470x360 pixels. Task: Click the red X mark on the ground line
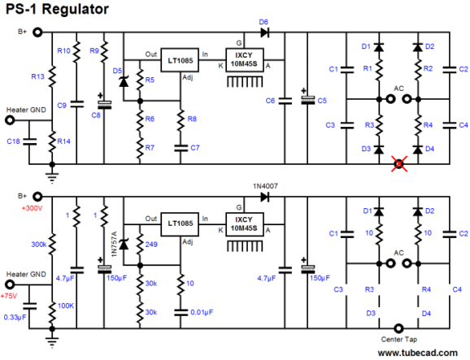(x=399, y=164)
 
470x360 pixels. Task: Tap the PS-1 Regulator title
(x=57, y=9)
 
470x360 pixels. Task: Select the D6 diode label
(x=263, y=22)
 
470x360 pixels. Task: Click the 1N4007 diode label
(x=265, y=186)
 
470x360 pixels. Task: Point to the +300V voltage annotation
(x=32, y=208)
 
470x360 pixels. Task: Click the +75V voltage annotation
(x=9, y=296)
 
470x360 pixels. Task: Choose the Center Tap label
(x=399, y=340)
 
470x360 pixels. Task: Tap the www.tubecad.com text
(x=417, y=353)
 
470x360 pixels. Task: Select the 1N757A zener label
(x=114, y=244)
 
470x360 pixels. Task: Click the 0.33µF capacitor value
(x=15, y=317)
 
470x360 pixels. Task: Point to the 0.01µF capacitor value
(x=202, y=312)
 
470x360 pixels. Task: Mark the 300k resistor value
(x=39, y=245)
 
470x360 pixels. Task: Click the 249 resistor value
(x=151, y=245)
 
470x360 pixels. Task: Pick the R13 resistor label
(x=37, y=76)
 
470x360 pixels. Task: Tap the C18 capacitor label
(x=14, y=141)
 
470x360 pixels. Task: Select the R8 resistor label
(x=192, y=119)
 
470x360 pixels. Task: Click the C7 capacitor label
(x=195, y=148)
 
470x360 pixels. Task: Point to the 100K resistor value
(x=66, y=306)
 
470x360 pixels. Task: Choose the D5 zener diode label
(x=117, y=71)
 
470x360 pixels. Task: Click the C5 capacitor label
(x=322, y=101)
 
